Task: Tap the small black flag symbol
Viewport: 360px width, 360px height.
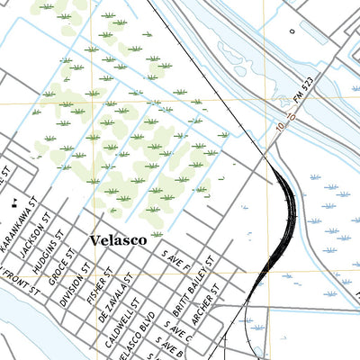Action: [13, 203]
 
